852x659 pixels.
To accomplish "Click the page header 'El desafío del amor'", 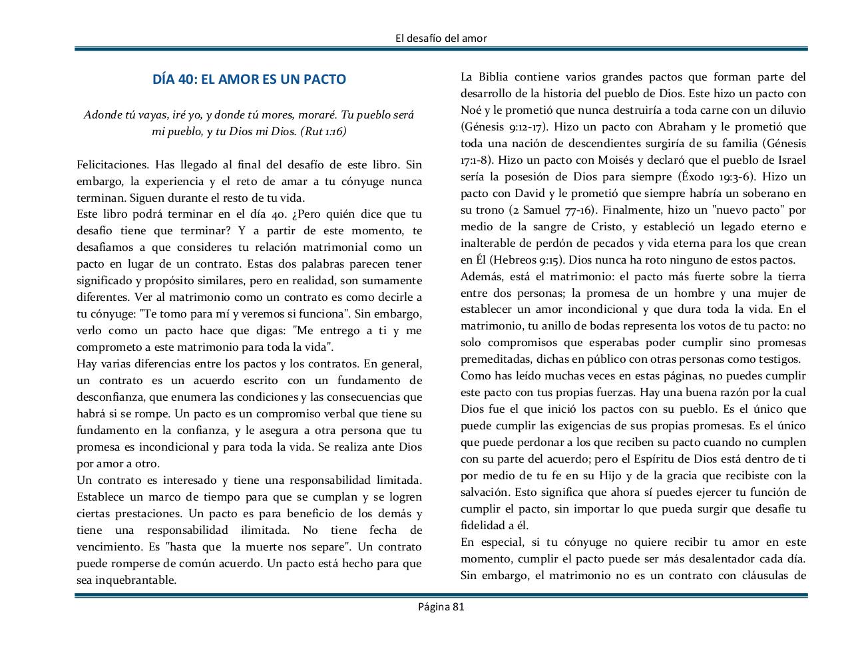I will [441, 38].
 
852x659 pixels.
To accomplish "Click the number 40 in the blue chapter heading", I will [186, 79].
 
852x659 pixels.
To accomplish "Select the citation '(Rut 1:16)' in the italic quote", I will [323, 132].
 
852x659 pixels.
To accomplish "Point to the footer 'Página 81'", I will [441, 606].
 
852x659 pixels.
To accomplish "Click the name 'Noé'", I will [471, 110].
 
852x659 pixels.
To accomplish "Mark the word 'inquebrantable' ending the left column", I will [126, 580].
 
